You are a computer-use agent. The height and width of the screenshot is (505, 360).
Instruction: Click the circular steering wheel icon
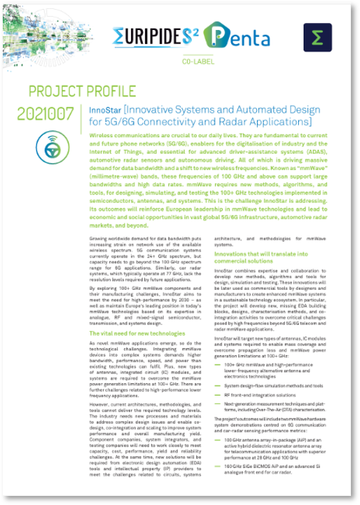pos(52,144)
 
